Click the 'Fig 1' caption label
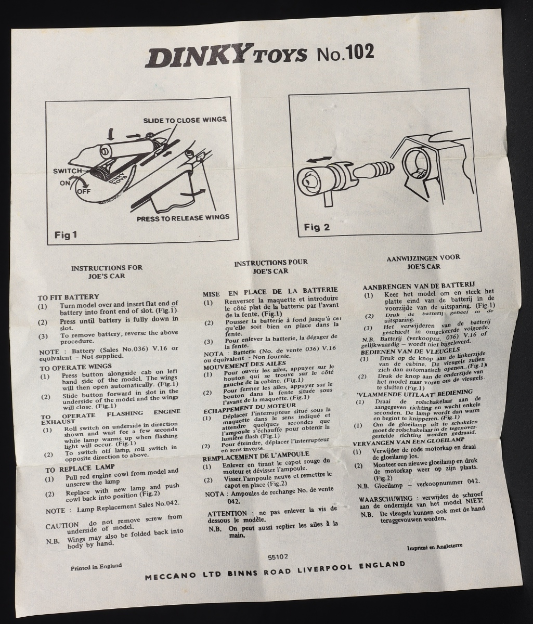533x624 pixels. point(66,235)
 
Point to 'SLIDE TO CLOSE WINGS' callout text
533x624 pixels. point(185,120)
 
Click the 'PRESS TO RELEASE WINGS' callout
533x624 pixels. point(183,218)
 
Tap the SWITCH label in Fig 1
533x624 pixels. point(67,171)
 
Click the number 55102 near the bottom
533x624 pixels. point(278,556)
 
